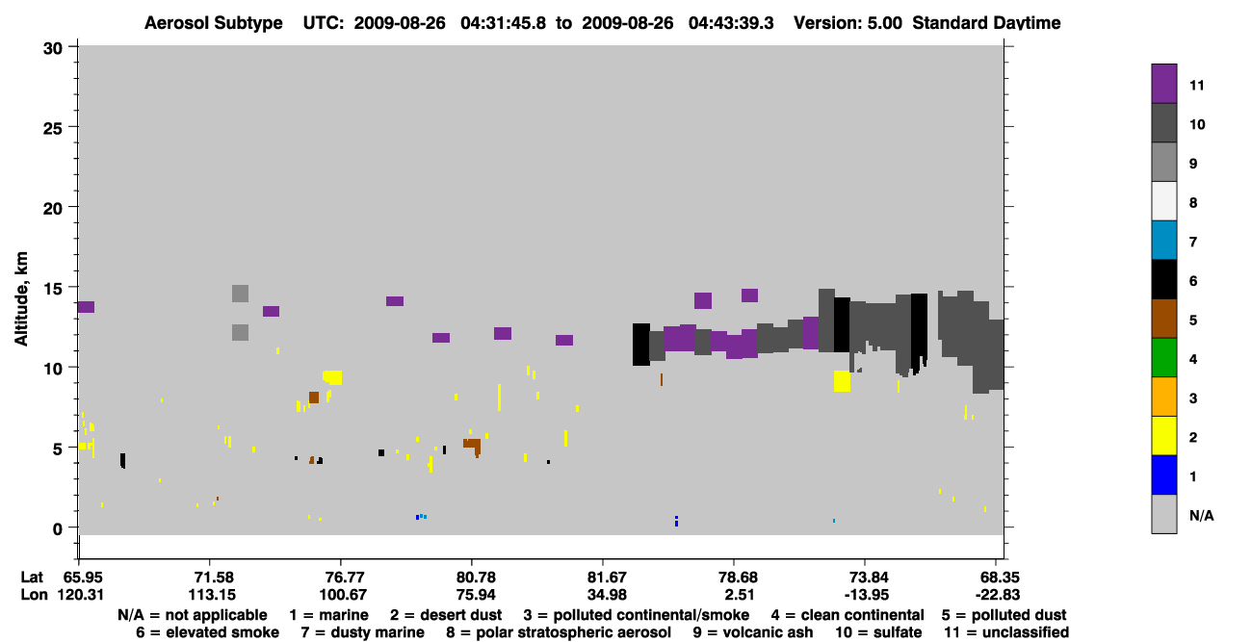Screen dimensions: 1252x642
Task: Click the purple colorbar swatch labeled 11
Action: coord(1163,84)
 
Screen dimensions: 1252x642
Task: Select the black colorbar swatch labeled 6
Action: coord(1163,279)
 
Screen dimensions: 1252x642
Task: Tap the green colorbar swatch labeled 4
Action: coord(1163,358)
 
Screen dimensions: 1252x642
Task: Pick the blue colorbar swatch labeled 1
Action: coord(1163,475)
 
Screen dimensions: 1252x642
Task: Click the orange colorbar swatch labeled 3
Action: coord(1163,397)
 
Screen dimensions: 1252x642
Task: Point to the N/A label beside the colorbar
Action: coord(1201,515)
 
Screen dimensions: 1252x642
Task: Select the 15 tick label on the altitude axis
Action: coord(53,289)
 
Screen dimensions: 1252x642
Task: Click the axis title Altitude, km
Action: coord(21,299)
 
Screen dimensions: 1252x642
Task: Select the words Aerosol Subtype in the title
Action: coord(214,23)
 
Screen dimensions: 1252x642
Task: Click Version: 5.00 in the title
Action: coord(848,23)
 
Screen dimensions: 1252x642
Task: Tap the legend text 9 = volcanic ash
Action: coord(753,632)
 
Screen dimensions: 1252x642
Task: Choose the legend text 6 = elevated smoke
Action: coord(207,632)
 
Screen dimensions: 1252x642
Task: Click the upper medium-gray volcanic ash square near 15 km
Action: coord(241,294)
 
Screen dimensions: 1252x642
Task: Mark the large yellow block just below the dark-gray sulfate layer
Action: coord(842,381)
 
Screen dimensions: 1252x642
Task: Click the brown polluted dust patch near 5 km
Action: coord(473,446)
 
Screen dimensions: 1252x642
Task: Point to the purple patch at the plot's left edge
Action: coord(86,307)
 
